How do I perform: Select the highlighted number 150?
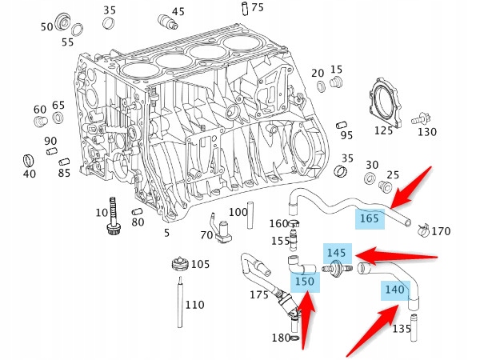click(304, 282)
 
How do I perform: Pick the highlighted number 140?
click(394, 290)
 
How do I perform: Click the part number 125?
click(384, 130)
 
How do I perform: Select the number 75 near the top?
click(257, 8)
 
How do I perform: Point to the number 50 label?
click(47, 27)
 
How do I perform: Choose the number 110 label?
click(194, 305)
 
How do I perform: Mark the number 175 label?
click(259, 296)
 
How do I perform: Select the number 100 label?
click(238, 212)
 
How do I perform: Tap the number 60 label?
click(40, 110)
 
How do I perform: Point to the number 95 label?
click(346, 135)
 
